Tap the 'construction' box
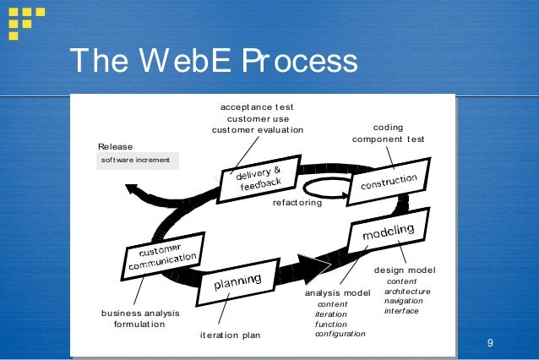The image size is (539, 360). pos(389,181)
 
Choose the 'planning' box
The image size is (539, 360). pos(237,282)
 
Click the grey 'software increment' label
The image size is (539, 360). pos(136,160)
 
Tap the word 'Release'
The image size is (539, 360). pos(116,146)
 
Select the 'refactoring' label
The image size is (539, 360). pos(297,203)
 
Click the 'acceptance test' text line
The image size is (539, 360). pos(257,107)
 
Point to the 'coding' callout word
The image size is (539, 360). pos(388,126)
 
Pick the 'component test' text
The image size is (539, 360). pos(388,139)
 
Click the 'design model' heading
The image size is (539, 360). pos(405,270)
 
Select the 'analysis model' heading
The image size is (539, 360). pos(338,292)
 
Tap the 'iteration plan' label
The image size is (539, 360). pos(231,335)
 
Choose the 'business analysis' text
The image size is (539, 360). pos(140,313)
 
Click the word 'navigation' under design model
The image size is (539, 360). pos(404,301)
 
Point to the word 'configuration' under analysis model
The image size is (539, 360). pos(340,334)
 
